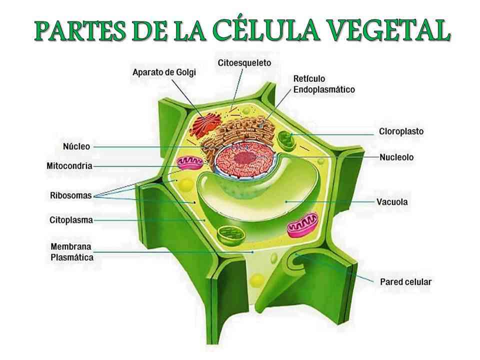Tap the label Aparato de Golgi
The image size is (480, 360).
[x=164, y=72]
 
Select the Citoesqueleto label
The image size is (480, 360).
[x=244, y=63]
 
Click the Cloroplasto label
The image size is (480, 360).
[x=400, y=131]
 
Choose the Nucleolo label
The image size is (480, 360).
[x=396, y=157]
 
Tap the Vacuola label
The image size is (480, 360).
[x=392, y=202]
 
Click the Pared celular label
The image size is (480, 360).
[x=405, y=281]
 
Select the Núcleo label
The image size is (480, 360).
[x=76, y=146]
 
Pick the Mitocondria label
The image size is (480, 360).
[x=69, y=165]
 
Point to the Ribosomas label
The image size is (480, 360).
[x=71, y=195]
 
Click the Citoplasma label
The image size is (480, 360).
[x=71, y=219]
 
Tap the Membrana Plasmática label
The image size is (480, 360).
[x=72, y=252]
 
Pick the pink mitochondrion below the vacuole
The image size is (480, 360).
[x=302, y=224]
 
